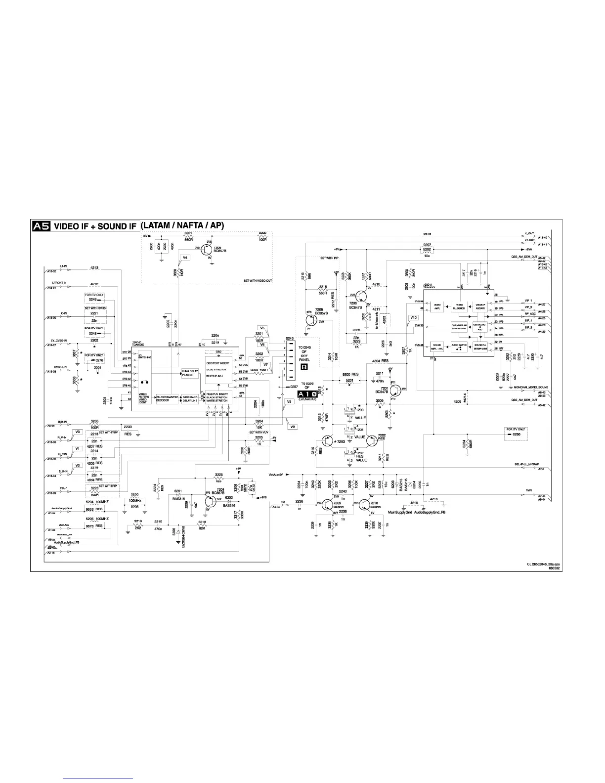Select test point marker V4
[185, 258]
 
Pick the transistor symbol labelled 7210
[365, 504]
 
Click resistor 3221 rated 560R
[188, 237]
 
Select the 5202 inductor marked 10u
[427, 250]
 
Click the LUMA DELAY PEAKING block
[187, 373]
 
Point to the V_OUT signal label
[529, 233]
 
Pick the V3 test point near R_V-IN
[78, 432]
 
